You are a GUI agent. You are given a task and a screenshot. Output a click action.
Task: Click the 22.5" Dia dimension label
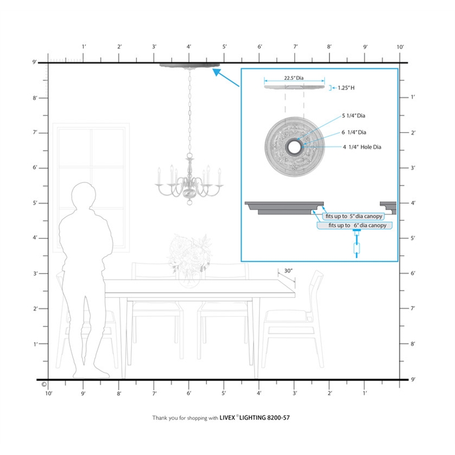tap(293, 78)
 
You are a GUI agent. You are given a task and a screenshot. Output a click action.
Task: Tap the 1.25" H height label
tap(346, 88)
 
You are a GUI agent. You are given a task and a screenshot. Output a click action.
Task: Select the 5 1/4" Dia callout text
tap(353, 115)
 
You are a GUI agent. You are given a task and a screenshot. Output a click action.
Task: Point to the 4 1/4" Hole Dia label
tap(362, 147)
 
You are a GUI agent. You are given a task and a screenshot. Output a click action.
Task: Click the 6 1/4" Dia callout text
tap(354, 133)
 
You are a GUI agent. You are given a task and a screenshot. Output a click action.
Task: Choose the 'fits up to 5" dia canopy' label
tap(354, 216)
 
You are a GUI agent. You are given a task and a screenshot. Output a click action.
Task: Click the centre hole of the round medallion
tap(295, 147)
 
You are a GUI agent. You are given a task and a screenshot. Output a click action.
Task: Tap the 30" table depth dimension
tap(288, 271)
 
